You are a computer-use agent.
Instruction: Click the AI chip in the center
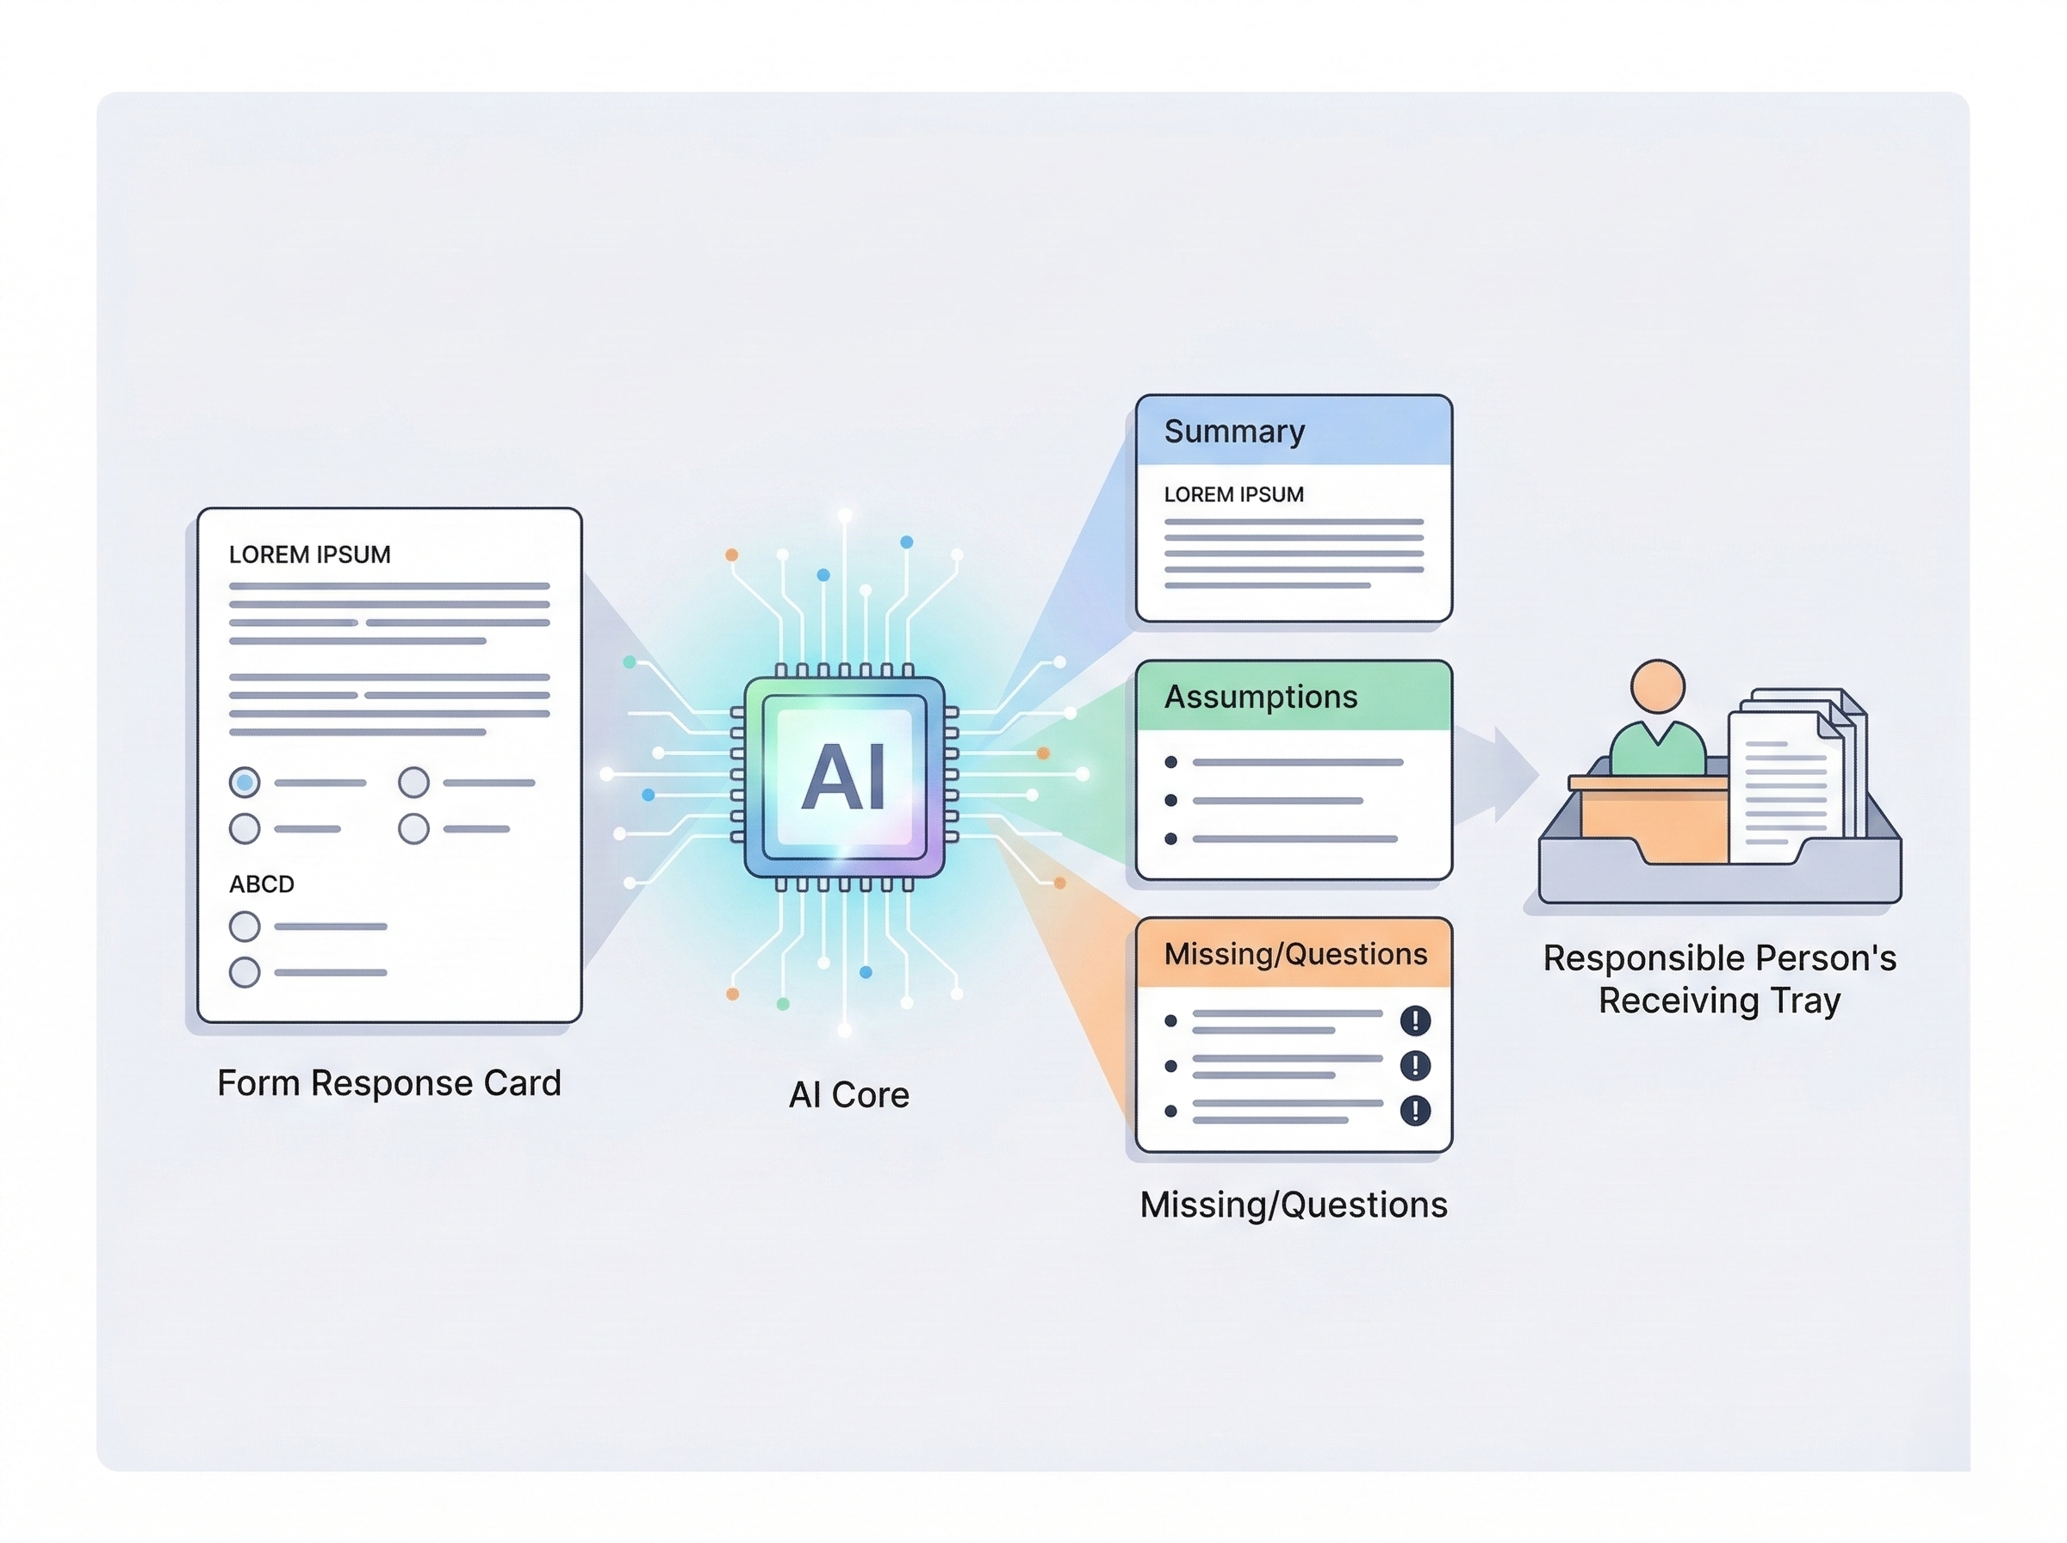click(843, 778)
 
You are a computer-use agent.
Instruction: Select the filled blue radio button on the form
click(245, 782)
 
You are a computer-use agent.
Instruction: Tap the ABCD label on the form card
click(262, 883)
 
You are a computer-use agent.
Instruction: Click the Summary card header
click(1293, 431)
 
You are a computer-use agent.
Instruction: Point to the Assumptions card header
click(1293, 697)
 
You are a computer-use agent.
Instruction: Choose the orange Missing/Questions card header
click(1293, 954)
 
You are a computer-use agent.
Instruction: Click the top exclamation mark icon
click(1415, 1020)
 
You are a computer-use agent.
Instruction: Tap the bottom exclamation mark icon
click(1415, 1111)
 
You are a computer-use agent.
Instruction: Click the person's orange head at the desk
click(1657, 686)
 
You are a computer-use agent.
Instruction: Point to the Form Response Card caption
click(388, 1083)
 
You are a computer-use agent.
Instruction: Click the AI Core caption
click(848, 1094)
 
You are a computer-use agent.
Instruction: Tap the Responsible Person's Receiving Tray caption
click(1718, 979)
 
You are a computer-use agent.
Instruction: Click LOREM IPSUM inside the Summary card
click(1233, 495)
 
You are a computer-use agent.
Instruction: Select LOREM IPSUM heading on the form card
click(309, 555)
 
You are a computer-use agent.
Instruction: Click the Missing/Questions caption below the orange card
click(1293, 1205)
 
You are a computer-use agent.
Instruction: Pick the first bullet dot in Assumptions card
click(1170, 762)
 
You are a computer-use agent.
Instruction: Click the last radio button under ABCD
click(245, 972)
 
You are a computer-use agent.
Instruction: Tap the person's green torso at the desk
click(1657, 750)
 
